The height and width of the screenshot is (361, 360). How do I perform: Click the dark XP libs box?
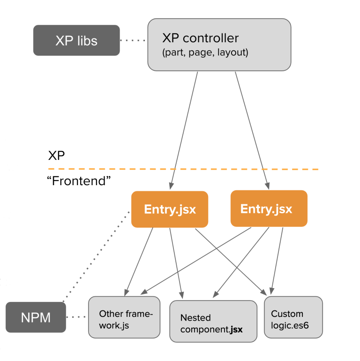coord(76,40)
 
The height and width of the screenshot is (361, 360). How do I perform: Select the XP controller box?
coord(219,45)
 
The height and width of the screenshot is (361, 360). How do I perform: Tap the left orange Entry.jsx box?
coord(169,209)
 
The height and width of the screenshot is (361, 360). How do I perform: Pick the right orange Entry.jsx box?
coord(269,208)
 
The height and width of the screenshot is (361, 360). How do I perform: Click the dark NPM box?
coord(36,317)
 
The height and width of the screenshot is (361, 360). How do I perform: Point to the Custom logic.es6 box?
coord(293,317)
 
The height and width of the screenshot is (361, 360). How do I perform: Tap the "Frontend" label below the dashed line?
coord(79,181)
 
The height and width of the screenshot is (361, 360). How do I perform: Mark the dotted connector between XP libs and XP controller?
coord(134,41)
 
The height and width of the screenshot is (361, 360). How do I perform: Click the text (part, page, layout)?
coord(205,53)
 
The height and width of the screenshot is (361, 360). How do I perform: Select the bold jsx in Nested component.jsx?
coord(236,329)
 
